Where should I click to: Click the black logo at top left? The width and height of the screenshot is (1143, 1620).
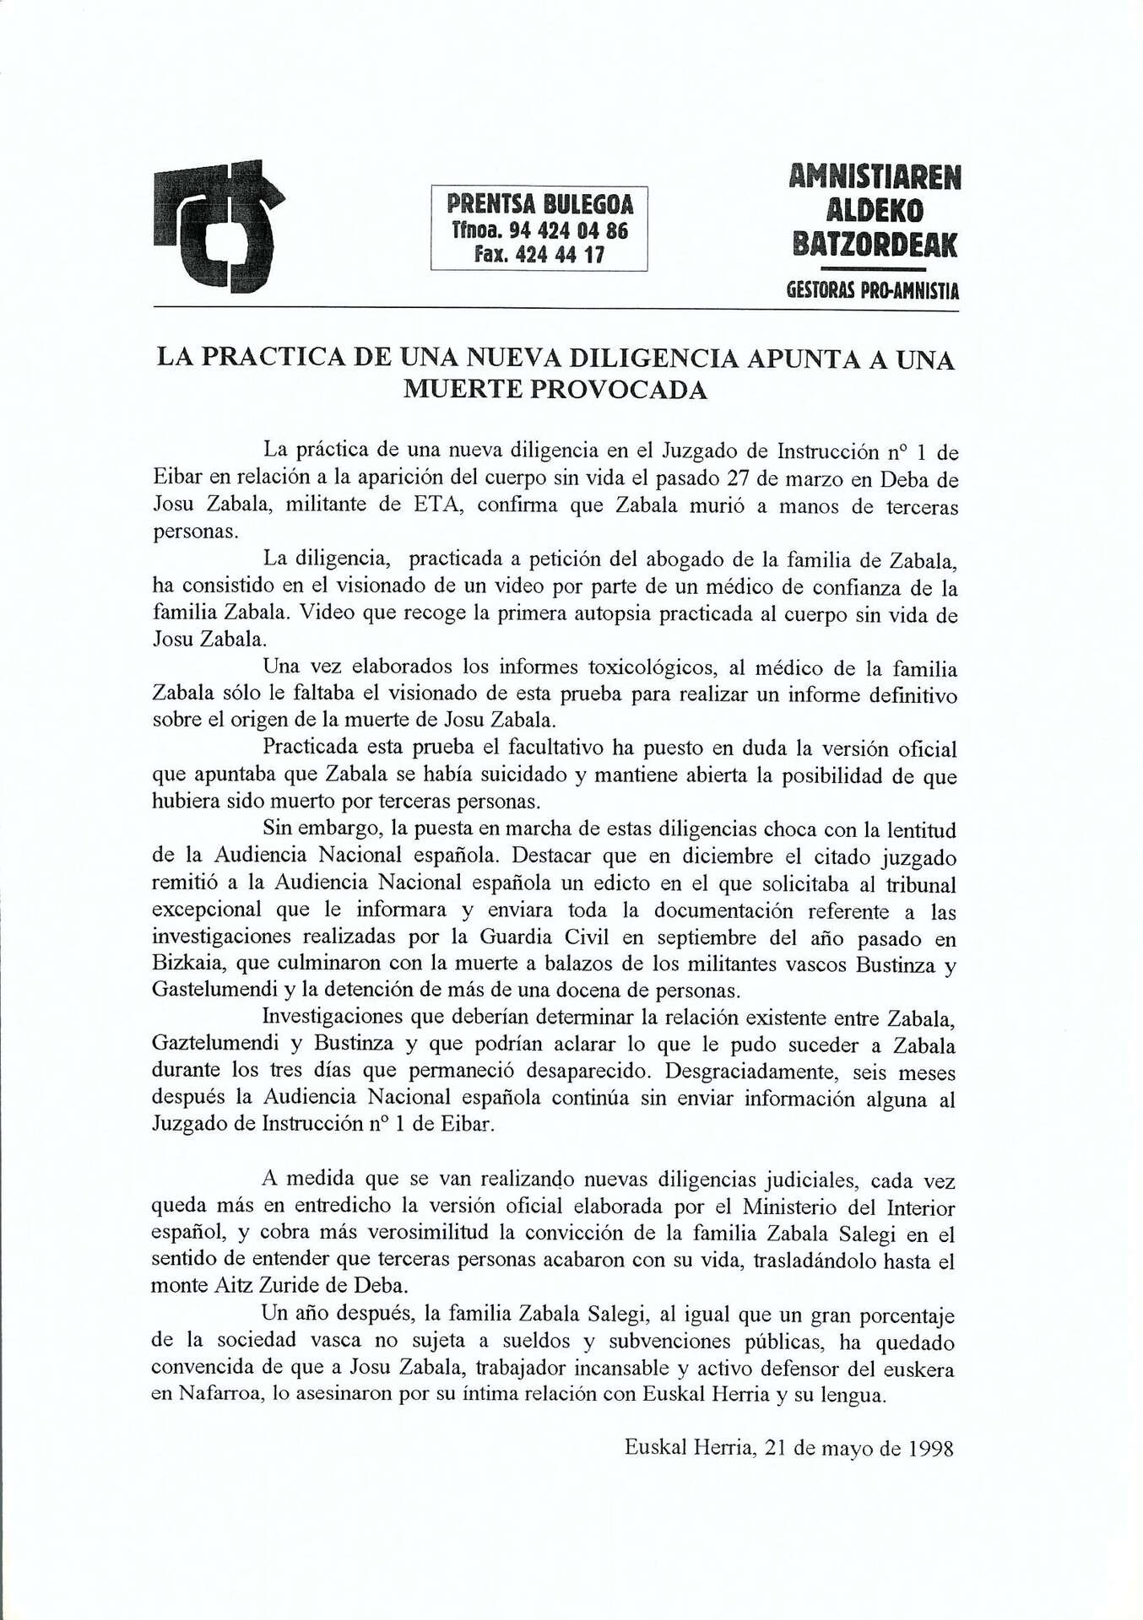pyautogui.click(x=219, y=225)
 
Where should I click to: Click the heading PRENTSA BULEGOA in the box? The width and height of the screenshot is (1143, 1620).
pyautogui.click(x=539, y=204)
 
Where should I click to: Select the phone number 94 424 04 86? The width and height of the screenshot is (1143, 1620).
pyautogui.click(x=566, y=230)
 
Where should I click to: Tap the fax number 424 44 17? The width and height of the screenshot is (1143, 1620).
pyautogui.click(x=561, y=254)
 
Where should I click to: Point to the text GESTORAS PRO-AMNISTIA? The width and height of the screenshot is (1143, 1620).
pyautogui.click(x=873, y=292)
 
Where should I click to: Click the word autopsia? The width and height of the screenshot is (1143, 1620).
pyautogui.click(x=582, y=614)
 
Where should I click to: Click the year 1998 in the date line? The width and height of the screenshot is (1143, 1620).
pyautogui.click(x=931, y=1449)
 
